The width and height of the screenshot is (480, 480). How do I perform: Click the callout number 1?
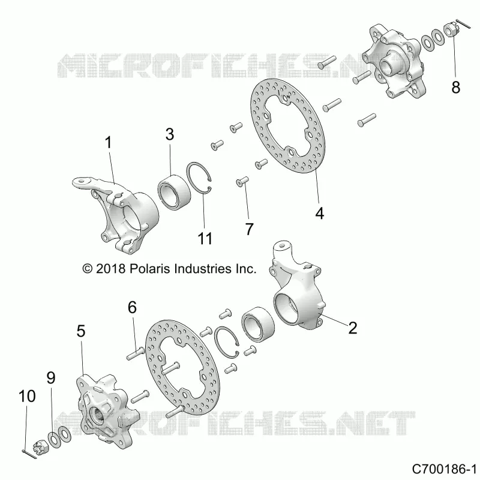coord(109,143)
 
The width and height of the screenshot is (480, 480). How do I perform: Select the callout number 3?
coord(170,134)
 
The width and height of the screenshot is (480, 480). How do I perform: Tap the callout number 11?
coord(205,238)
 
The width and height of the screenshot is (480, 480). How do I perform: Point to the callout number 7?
coord(250,229)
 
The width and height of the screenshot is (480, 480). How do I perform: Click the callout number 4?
coord(320,213)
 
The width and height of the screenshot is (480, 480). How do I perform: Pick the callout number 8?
coord(456,87)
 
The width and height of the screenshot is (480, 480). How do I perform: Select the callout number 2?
coord(353,328)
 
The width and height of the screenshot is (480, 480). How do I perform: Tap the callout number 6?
coord(132,307)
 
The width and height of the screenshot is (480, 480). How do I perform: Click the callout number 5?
coord(81,331)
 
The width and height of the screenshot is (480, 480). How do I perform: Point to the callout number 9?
coord(51,378)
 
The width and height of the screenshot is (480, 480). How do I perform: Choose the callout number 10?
coord(27,396)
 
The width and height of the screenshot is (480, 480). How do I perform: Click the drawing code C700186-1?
coord(444,469)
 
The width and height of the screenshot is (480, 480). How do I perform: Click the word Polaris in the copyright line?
coord(150,268)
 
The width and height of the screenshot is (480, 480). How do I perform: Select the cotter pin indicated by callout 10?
coord(29,454)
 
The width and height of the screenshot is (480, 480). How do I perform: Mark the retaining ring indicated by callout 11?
coord(199,178)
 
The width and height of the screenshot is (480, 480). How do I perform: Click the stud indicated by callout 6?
coord(136,353)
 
